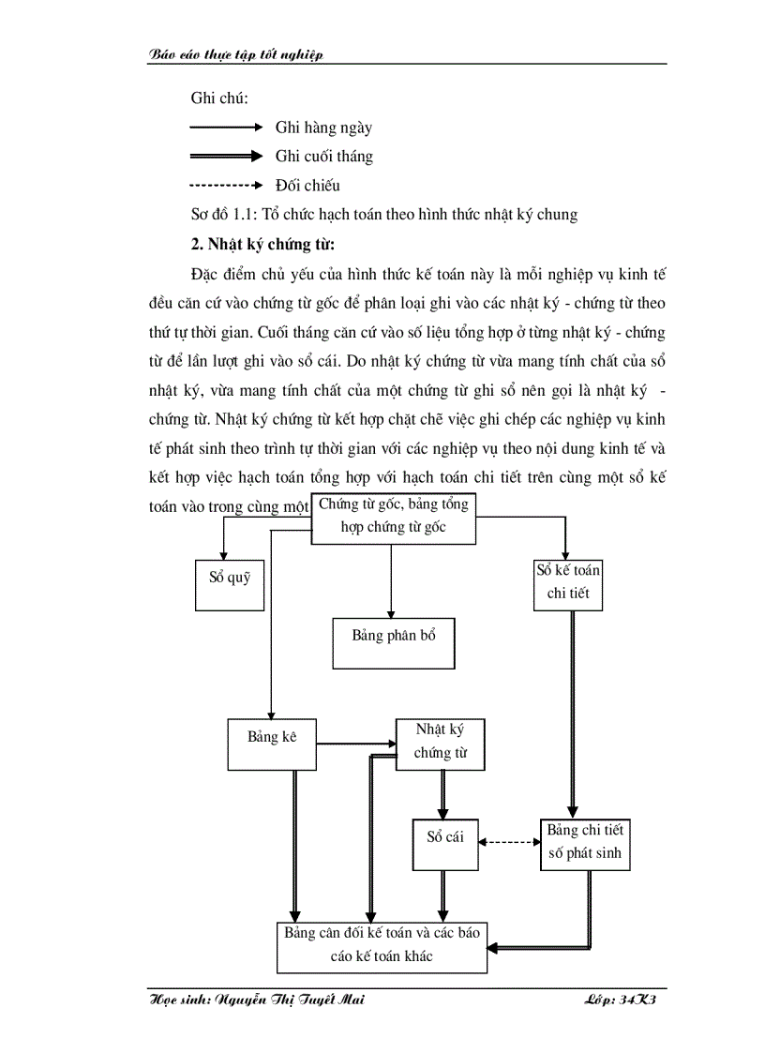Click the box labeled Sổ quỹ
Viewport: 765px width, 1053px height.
click(230, 585)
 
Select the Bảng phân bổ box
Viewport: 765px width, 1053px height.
click(394, 642)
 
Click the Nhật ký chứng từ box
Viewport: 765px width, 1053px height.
click(440, 745)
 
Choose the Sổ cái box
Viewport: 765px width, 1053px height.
click(445, 844)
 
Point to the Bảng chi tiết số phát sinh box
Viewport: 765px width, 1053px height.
click(584, 844)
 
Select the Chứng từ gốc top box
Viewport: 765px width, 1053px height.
click(394, 518)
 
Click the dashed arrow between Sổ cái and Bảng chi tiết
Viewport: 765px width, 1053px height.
click(510, 842)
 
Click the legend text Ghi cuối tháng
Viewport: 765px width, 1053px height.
click(323, 157)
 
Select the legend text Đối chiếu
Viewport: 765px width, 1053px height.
click(307, 186)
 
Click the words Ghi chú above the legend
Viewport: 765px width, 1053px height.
click(218, 98)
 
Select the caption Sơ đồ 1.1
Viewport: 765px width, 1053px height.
click(383, 215)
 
